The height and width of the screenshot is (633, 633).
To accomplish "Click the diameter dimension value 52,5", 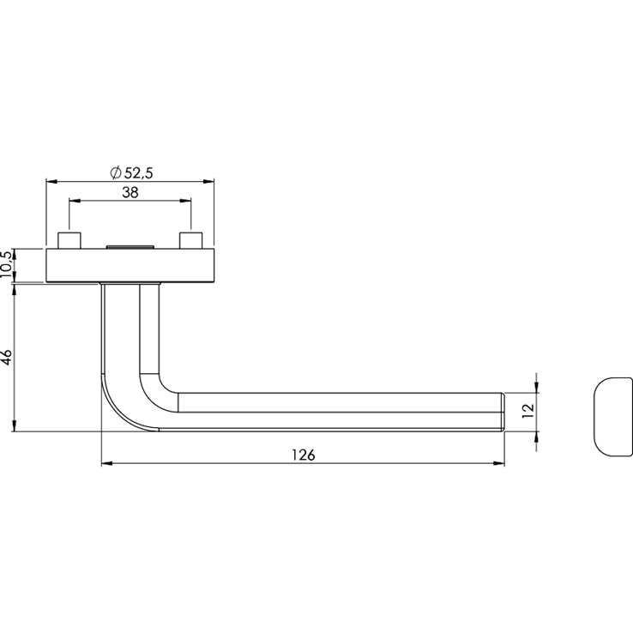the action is coord(138,173).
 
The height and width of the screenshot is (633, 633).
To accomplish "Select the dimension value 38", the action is coord(130,193).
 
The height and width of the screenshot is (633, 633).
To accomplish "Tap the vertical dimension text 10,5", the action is coord(7,264).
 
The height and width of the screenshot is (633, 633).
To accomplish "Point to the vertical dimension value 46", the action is coord(7,358).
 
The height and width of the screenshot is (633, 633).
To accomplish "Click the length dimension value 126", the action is coord(303,455).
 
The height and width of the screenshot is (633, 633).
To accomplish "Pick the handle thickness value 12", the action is coord(528,411).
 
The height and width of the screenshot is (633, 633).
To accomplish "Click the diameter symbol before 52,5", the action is coord(116,173).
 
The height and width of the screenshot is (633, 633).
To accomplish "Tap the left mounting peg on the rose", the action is coord(69,240).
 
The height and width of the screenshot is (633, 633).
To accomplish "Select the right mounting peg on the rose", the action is coord(191,240).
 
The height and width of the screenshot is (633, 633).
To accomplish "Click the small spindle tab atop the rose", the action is coord(130,246).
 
